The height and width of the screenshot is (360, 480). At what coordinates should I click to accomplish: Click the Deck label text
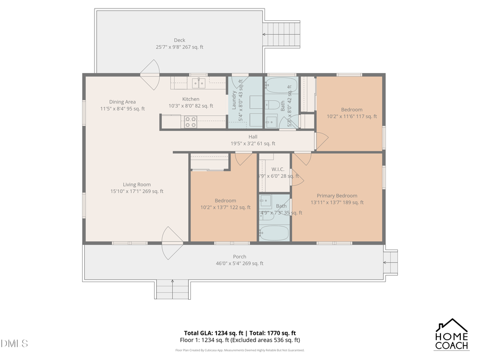tap(179, 40)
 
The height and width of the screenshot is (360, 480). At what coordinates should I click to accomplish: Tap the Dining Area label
tap(122, 102)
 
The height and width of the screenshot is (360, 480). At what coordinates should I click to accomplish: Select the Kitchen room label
tap(191, 99)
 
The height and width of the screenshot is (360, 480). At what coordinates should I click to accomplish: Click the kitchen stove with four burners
tap(190, 123)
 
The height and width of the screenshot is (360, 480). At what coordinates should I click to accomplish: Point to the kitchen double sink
tap(198, 83)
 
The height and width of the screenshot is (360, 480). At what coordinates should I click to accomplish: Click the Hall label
tap(253, 137)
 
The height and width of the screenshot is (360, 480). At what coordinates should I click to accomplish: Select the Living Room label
tap(137, 185)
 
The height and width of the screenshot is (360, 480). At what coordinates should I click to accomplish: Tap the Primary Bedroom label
tap(337, 196)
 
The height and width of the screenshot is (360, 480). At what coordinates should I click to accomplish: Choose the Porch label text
tap(239, 257)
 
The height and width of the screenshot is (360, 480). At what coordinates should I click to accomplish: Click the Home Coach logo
tap(452, 334)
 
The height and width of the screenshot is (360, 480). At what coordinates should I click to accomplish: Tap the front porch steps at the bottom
tap(172, 289)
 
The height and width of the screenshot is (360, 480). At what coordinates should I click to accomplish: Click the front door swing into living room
tap(172, 243)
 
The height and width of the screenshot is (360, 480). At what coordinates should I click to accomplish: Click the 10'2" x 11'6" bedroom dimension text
tap(351, 116)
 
